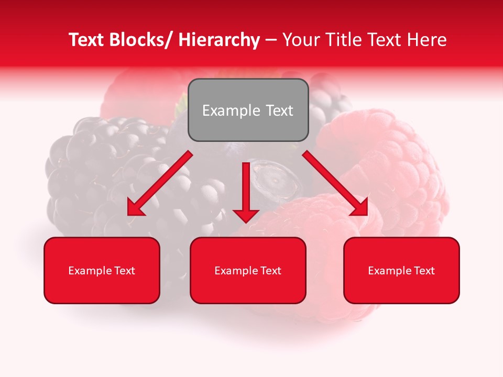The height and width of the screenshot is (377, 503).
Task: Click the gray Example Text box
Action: click(248, 110)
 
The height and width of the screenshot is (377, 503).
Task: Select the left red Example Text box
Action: click(102, 270)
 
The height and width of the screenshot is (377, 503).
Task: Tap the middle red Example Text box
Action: click(248, 270)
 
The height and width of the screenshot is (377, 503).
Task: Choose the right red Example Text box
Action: click(401, 270)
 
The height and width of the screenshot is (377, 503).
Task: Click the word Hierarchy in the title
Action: click(219, 40)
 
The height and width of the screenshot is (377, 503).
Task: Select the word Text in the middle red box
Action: click(270, 270)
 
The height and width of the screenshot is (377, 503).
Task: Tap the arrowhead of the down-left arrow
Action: click(135, 208)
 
